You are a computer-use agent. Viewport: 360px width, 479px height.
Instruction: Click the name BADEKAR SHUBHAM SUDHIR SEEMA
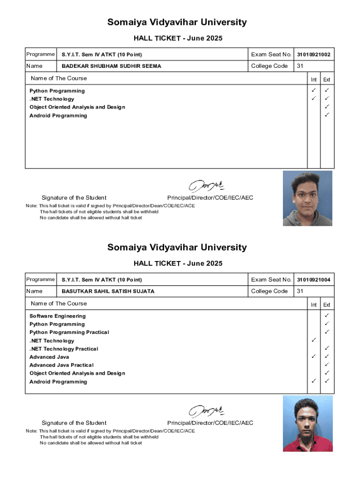point(111,66)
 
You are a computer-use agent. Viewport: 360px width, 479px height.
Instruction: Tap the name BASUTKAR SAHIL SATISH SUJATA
point(108,291)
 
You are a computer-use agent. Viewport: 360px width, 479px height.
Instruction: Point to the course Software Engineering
point(58,316)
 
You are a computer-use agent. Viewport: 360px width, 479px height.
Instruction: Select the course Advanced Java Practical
point(61,365)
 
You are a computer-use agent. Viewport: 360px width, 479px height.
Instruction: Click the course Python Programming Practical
point(69,333)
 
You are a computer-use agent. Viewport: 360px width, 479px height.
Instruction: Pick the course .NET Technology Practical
point(64,349)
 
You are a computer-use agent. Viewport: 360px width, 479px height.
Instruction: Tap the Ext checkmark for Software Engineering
point(327,316)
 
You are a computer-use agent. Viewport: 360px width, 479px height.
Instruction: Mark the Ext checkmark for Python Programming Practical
point(327,332)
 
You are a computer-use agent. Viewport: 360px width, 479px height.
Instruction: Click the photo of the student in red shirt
point(308,423)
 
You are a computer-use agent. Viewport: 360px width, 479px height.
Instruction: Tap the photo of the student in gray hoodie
point(308,198)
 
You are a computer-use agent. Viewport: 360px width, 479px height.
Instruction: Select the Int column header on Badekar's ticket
point(314,80)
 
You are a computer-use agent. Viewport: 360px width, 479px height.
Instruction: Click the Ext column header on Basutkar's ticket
point(327,305)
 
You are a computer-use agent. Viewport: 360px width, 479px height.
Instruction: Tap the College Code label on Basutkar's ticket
point(269,291)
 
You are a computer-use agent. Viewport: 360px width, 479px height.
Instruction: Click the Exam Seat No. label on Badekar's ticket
point(271,55)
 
